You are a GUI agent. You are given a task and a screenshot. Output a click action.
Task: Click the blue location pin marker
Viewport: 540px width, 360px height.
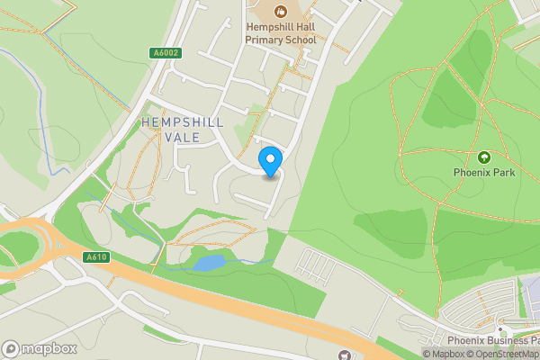pos(270,161)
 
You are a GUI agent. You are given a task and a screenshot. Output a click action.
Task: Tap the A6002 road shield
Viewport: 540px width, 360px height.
pos(166,53)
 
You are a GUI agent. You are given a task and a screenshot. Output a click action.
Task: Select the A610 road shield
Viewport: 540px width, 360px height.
pos(96,257)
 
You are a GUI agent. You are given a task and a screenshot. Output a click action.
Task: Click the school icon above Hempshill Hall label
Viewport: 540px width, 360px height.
pos(280,11)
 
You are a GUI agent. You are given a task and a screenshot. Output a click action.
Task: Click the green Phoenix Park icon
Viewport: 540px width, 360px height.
pos(484,157)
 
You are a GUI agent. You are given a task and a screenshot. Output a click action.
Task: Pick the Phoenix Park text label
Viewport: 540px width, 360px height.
pos(484,172)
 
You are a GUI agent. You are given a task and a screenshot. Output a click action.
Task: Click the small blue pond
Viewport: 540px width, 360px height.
pos(209,263)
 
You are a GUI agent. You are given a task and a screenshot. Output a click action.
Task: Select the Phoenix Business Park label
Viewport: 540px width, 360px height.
pos(493,340)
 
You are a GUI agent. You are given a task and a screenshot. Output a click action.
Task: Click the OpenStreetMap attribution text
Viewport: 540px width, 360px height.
pos(504,354)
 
